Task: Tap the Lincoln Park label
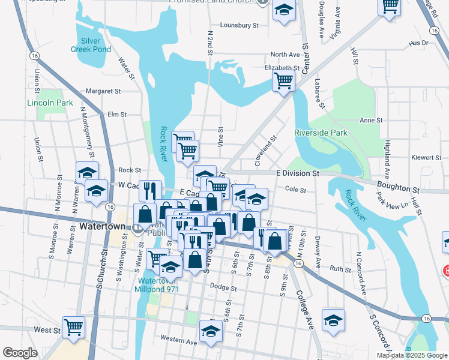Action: pyautogui.click(x=50, y=103)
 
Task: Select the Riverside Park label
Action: pyautogui.click(x=321, y=132)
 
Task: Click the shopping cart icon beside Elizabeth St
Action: pyautogui.click(x=283, y=80)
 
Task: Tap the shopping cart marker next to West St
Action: pyautogui.click(x=74, y=328)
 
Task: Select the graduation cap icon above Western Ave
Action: pyautogui.click(x=211, y=331)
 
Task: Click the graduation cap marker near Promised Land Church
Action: pyautogui.click(x=285, y=10)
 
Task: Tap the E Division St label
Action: pyautogui.click(x=297, y=173)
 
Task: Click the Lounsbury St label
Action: pyautogui.click(x=239, y=25)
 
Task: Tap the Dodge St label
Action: pyautogui.click(x=223, y=288)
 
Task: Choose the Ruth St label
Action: pyautogui.click(x=340, y=269)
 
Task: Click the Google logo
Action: pyautogui.click(x=20, y=353)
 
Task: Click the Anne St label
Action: pyautogui.click(x=367, y=120)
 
